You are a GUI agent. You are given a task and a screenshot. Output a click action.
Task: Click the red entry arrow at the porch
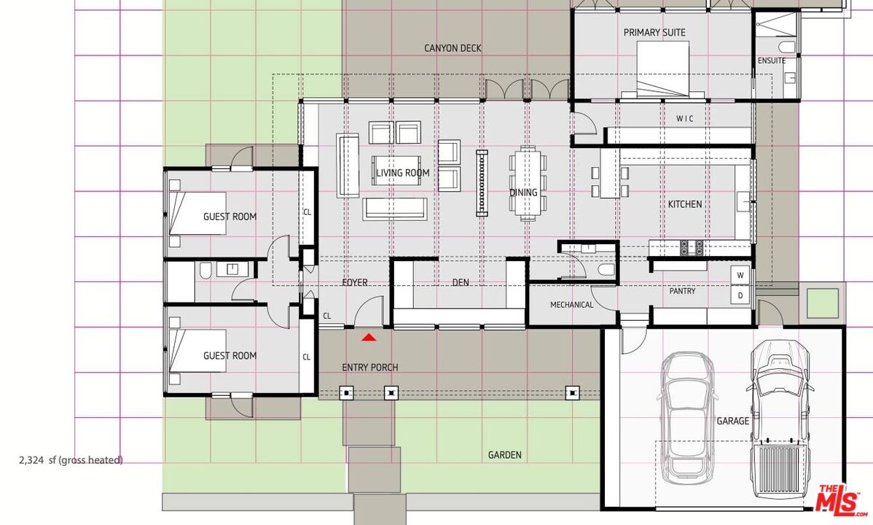[369, 337]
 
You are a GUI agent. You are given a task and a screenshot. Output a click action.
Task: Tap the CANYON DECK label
[453, 48]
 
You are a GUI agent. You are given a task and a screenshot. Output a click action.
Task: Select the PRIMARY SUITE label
[654, 32]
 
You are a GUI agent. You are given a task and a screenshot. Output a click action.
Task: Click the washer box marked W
[740, 276]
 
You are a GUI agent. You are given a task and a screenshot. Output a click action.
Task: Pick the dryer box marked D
[740, 295]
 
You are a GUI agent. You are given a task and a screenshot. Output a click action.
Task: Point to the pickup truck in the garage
[780, 420]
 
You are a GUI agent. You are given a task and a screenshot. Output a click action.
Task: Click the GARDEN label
[504, 455]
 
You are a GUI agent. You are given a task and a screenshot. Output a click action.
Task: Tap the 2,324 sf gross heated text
[71, 460]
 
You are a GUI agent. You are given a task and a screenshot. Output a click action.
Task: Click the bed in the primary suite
[662, 69]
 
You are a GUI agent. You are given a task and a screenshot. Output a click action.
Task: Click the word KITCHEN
[684, 204]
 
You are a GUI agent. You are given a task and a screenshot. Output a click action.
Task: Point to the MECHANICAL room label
[572, 305]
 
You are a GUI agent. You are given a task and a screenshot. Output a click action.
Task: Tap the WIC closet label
[685, 119]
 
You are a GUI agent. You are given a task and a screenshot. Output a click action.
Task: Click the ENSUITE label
[772, 61]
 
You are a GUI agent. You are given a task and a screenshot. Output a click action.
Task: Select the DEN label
[461, 283]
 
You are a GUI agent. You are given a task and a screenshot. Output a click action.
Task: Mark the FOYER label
[355, 283]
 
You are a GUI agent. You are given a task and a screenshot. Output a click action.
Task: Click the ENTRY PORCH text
[369, 367]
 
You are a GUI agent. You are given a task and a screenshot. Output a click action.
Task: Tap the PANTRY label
[682, 291]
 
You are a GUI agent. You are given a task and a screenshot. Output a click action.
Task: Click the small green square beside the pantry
[822, 304]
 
